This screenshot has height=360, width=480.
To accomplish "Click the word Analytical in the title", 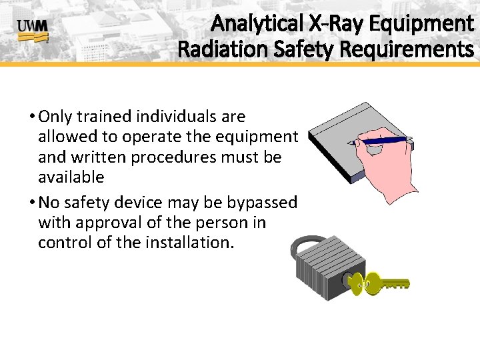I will [257, 24].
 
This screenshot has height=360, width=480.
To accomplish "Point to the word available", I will [71, 177].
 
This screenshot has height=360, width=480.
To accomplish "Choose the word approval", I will [103, 222].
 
